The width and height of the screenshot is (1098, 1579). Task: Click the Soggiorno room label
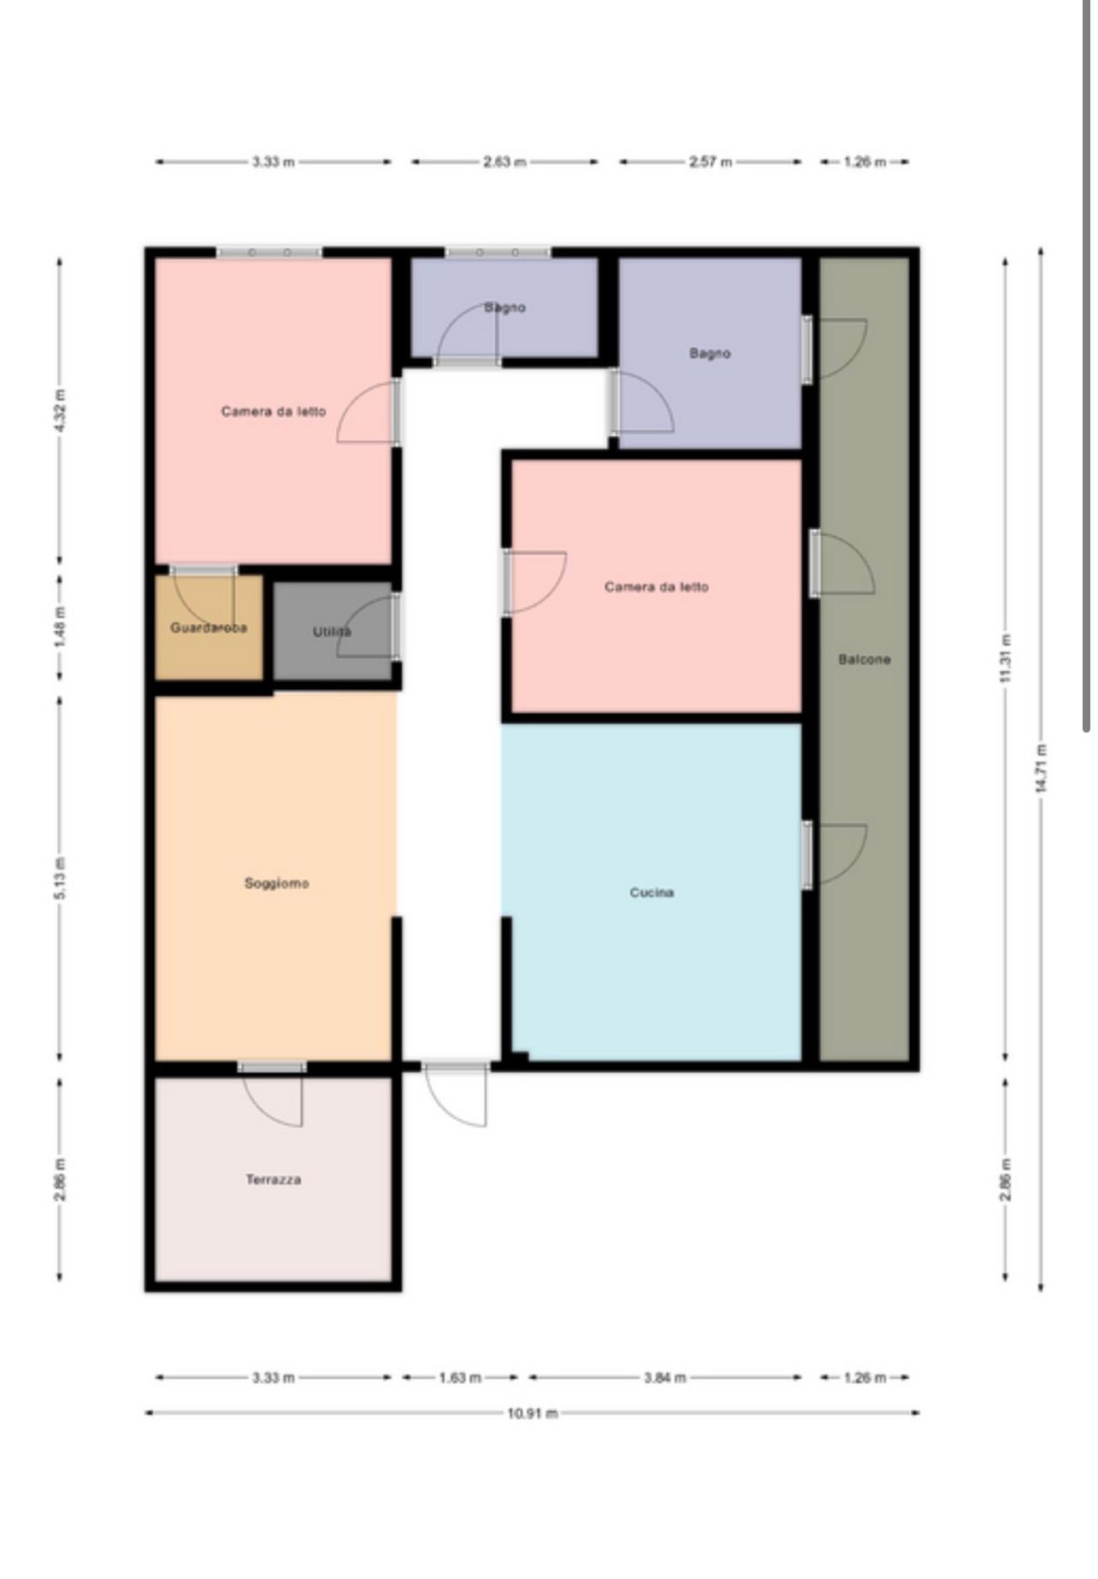(276, 883)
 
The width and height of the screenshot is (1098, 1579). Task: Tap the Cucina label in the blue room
(652, 893)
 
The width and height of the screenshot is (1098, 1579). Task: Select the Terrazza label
(274, 1180)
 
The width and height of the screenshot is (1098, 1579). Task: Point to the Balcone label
(865, 659)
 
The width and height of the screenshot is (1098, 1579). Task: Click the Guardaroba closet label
(209, 627)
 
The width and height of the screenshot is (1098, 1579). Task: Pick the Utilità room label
(332, 632)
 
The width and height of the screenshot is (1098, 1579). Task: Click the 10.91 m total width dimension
(532, 1413)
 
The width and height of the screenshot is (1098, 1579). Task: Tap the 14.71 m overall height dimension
(1041, 768)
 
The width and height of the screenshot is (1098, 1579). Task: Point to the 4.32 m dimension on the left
(60, 411)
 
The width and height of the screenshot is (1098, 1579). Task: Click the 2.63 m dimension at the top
(505, 162)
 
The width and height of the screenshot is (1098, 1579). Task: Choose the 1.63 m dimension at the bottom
(460, 1377)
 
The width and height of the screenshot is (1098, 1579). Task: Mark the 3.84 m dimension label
(665, 1377)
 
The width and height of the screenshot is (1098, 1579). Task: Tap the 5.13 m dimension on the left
(60, 877)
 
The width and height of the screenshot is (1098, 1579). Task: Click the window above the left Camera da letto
(269, 252)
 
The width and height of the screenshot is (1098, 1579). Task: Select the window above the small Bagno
(498, 252)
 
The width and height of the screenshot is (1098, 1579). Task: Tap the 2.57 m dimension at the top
(711, 162)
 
